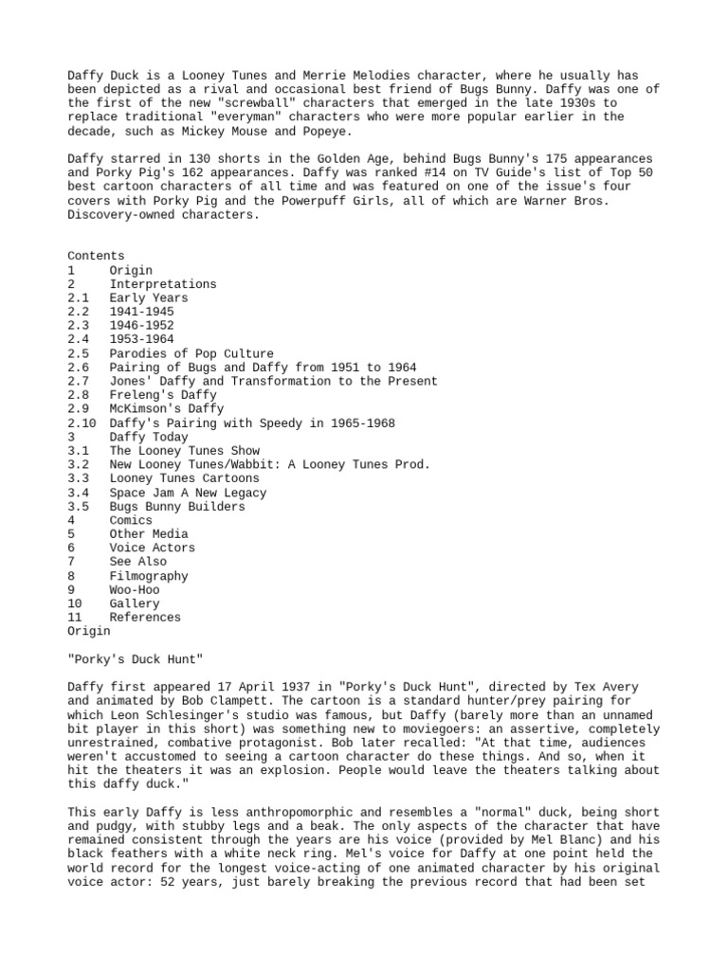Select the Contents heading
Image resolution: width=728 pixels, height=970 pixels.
click(x=96, y=256)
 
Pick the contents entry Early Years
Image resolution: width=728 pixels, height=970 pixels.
click(x=148, y=298)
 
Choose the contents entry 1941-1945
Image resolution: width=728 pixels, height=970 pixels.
click(x=141, y=312)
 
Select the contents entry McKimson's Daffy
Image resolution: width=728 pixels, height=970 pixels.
click(x=166, y=409)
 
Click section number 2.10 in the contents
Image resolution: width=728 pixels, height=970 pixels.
click(x=82, y=423)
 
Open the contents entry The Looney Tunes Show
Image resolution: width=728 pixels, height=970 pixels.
click(x=184, y=451)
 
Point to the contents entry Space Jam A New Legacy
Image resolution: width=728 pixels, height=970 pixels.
click(x=188, y=493)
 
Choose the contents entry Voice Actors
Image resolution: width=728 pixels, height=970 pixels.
click(x=152, y=548)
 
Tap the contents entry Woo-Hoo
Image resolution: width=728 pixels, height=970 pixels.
click(x=134, y=589)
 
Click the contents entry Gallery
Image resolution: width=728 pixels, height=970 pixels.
click(x=134, y=603)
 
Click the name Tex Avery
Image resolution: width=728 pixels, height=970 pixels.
click(x=577, y=687)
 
